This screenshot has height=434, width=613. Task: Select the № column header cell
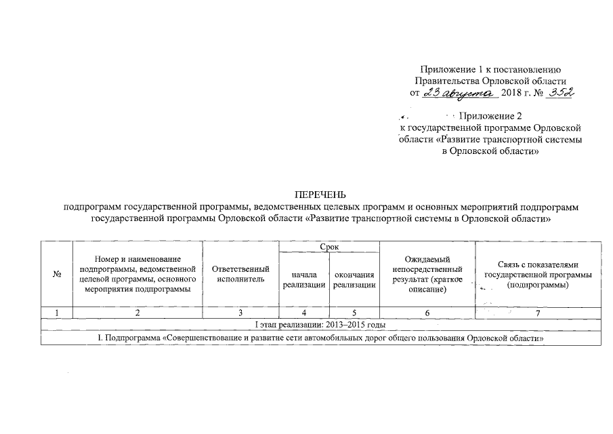[x=57, y=274]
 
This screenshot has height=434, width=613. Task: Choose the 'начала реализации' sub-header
[x=304, y=280]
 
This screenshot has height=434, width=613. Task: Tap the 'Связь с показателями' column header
[x=538, y=274]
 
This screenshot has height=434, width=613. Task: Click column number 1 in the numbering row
[x=57, y=313]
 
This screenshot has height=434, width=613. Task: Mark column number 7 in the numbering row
[x=538, y=313]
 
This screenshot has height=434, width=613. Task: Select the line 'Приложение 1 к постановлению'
[x=489, y=69]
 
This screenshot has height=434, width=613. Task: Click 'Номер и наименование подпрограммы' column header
[x=138, y=274]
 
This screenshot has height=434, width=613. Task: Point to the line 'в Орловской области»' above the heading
[x=490, y=152]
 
